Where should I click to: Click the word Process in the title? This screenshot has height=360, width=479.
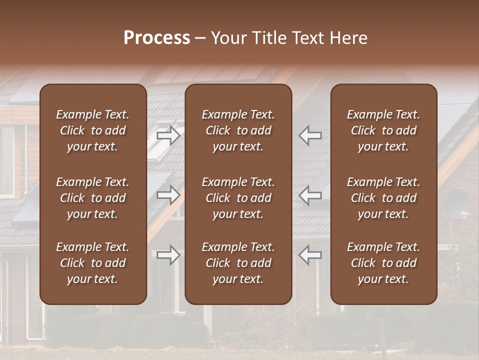(157, 38)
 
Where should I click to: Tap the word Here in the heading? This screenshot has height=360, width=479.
(348, 38)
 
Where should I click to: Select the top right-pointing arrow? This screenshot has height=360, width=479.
(169, 135)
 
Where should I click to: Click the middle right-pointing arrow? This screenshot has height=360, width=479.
(169, 195)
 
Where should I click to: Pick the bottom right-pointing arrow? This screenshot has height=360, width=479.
(169, 255)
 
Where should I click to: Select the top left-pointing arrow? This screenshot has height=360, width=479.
(310, 135)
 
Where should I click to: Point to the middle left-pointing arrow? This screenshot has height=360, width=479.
(310, 195)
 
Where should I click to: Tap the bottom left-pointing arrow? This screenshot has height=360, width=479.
(310, 255)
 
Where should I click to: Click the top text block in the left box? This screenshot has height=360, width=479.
(93, 130)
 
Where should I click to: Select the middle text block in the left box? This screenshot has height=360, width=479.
(93, 198)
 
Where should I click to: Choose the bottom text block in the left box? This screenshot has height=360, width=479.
(93, 263)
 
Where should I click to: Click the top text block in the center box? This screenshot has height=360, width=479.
(239, 130)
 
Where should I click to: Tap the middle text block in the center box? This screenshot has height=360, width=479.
(239, 198)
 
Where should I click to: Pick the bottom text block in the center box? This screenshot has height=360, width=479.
(239, 263)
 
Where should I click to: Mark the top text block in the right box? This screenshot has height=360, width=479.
(384, 130)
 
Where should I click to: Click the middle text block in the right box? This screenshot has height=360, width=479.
(384, 198)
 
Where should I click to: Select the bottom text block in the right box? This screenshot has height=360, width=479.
(384, 263)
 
